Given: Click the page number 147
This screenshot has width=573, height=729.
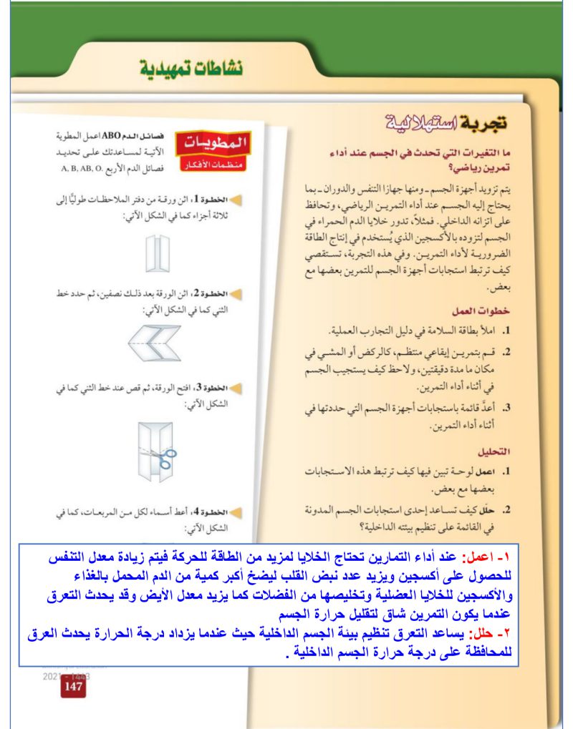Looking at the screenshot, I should pyautogui.click(x=74, y=686).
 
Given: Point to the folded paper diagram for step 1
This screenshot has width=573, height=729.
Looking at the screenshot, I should pyautogui.click(x=155, y=253).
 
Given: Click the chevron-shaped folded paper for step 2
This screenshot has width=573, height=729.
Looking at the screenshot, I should pyautogui.click(x=155, y=342).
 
